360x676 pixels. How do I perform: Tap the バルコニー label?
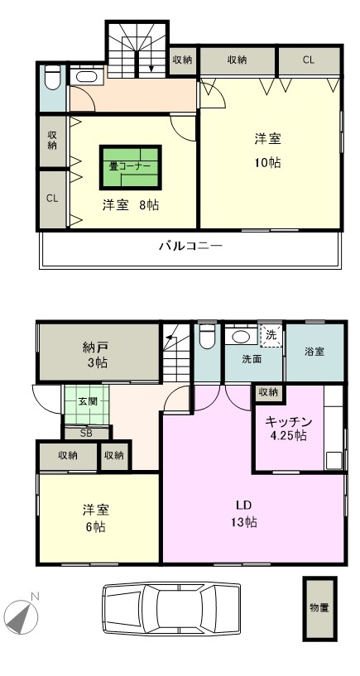pyautogui.click(x=188, y=246)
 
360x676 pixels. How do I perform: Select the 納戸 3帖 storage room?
pyautogui.click(x=98, y=352)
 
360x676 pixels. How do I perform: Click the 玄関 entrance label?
pyautogui.click(x=87, y=401)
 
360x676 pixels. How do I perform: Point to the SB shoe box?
pyautogui.click(x=86, y=433)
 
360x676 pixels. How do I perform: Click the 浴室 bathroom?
pyautogui.click(x=313, y=352)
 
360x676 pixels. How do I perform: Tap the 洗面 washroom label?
pyautogui.click(x=252, y=360)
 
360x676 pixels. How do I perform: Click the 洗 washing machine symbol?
pyautogui.click(x=271, y=336)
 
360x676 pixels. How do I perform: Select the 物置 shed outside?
pyautogui.click(x=319, y=608)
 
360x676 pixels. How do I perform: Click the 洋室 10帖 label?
pyautogui.click(x=266, y=150)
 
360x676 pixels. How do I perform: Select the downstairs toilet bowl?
pyautogui.click(x=206, y=338)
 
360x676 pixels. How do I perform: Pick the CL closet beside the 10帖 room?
pyautogui.click(x=308, y=60)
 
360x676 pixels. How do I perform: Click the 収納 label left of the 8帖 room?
pyautogui.click(x=52, y=140)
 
